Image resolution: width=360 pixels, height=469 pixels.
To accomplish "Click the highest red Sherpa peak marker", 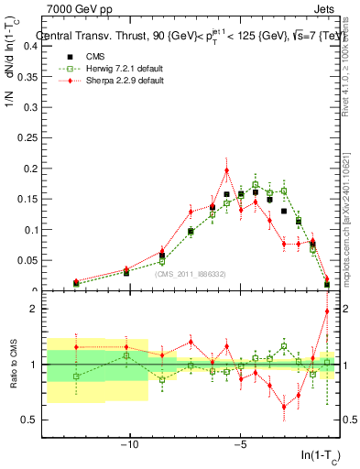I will point(226,169).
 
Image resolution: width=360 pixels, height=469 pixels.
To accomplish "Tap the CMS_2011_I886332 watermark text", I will point(191,274).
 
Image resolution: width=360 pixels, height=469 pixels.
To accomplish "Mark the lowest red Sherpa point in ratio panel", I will point(284,407).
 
